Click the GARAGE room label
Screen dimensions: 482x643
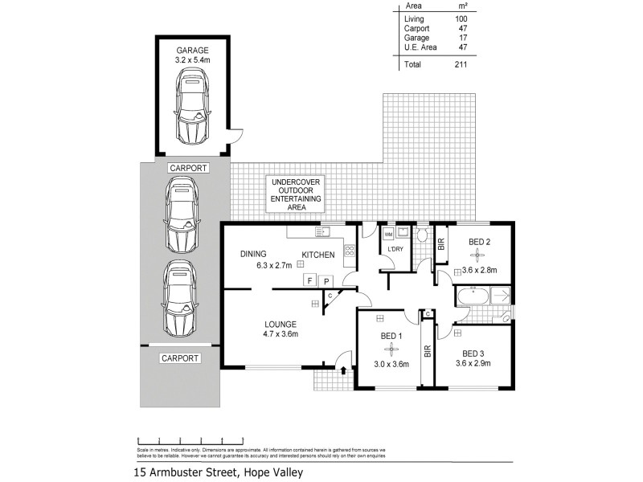click(191, 49)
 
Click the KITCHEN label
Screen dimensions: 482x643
click(319, 255)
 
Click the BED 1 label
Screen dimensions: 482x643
click(391, 337)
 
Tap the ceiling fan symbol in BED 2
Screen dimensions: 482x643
click(477, 255)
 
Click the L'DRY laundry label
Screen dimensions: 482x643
click(395, 249)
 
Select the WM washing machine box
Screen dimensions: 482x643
click(390, 235)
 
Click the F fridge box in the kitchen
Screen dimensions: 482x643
click(308, 280)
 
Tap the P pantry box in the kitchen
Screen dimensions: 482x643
click(326, 280)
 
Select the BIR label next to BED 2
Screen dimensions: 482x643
click(441, 246)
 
